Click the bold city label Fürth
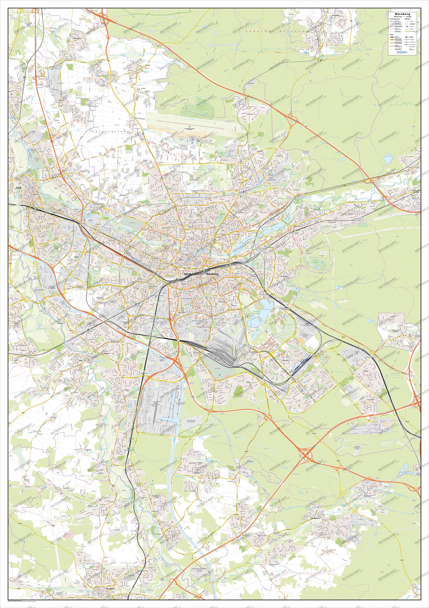[x=18, y=188]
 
